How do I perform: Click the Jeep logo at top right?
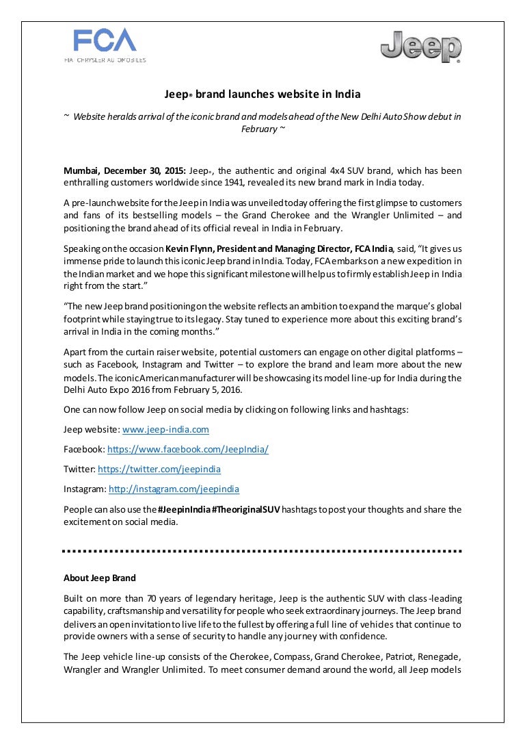click(420, 47)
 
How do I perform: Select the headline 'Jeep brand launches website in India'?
click(262, 94)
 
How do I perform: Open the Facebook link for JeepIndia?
click(188, 450)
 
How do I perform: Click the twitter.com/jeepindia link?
click(159, 470)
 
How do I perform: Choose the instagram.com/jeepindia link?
click(174, 489)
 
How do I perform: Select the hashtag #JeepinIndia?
click(183, 509)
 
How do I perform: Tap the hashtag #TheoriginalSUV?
click(246, 509)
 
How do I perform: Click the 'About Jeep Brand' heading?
click(100, 578)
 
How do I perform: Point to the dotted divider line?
click(262, 550)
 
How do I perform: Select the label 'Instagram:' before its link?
click(85, 489)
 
